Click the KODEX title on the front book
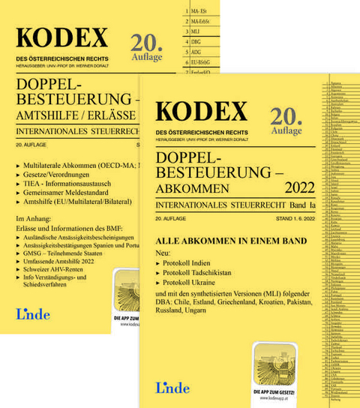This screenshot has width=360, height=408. pos(202,112)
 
